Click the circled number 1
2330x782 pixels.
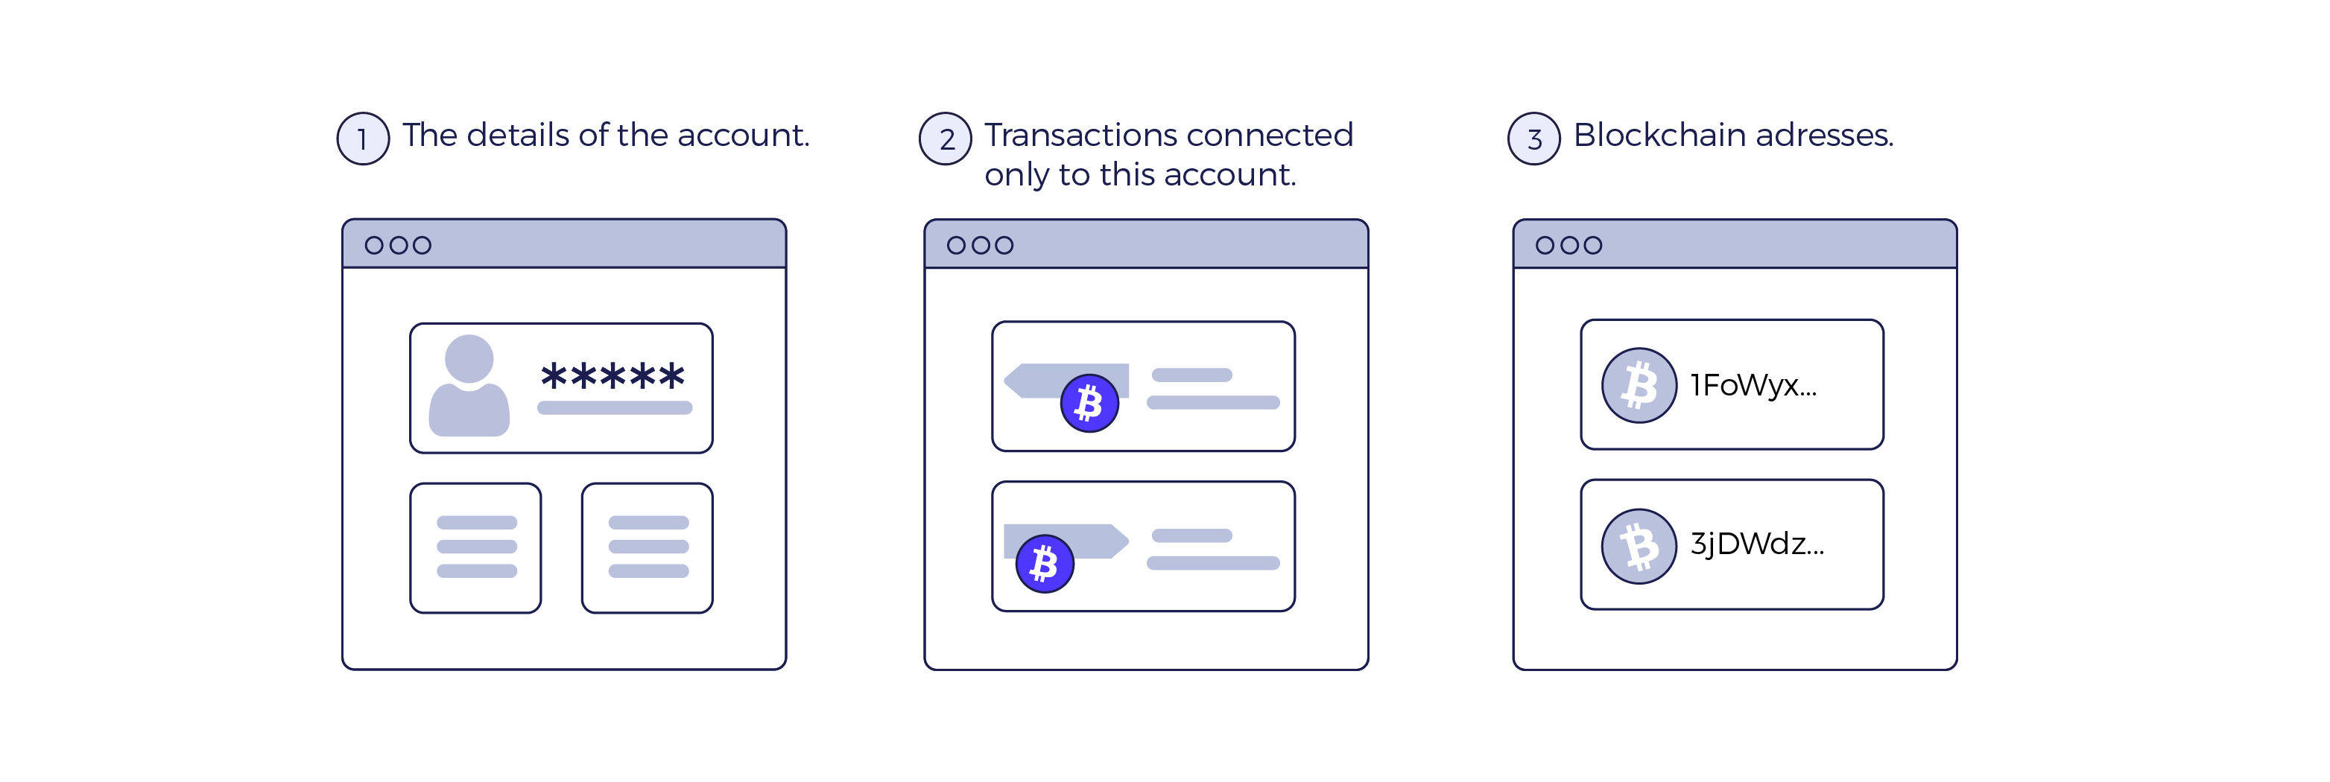click(x=363, y=139)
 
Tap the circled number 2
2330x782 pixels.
click(x=946, y=139)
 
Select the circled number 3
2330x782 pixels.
click(x=1534, y=139)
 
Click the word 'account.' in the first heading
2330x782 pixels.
click(x=744, y=136)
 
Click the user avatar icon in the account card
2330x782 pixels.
click(x=469, y=386)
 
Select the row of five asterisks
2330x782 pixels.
click(x=612, y=375)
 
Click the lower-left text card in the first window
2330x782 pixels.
click(x=476, y=548)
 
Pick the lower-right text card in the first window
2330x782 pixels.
click(x=648, y=548)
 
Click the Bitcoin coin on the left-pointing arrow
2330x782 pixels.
click(x=1089, y=403)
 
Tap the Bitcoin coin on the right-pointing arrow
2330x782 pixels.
click(x=1045, y=563)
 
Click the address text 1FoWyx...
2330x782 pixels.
click(x=1753, y=386)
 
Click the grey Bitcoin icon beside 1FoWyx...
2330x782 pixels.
click(x=1639, y=385)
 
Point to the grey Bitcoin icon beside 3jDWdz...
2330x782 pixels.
click(x=1639, y=546)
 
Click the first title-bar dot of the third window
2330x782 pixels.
click(x=1545, y=245)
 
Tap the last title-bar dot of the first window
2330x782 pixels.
click(x=422, y=245)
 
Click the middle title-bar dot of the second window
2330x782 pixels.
click(x=980, y=245)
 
